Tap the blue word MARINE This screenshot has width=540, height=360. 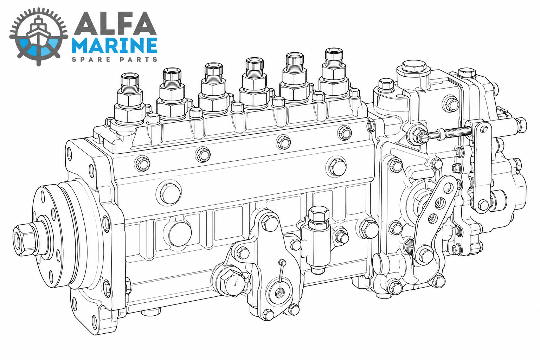tap(115, 45)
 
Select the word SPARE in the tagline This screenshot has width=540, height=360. tap(92, 59)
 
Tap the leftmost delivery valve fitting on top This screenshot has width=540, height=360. tap(130, 98)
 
